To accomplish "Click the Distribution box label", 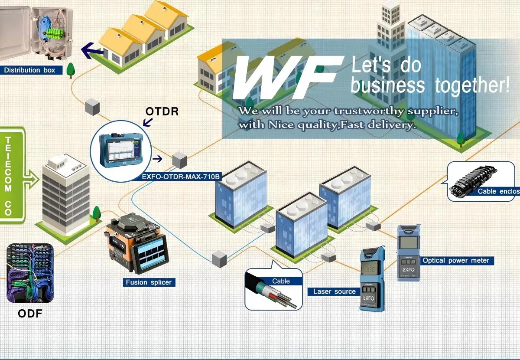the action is pyautogui.click(x=30, y=70).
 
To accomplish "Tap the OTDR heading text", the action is pyautogui.click(x=162, y=111).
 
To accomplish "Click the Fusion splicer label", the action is pyautogui.click(x=149, y=282).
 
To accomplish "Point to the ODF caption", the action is pyautogui.click(x=30, y=313).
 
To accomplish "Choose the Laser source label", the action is pyautogui.click(x=334, y=291).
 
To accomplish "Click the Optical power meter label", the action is pyautogui.click(x=456, y=261).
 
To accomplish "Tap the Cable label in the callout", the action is pyautogui.click(x=281, y=281).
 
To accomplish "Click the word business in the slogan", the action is pyautogui.click(x=387, y=85).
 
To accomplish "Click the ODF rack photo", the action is pyautogui.click(x=30, y=273).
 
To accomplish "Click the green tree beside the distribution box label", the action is pyautogui.click(x=70, y=69).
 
